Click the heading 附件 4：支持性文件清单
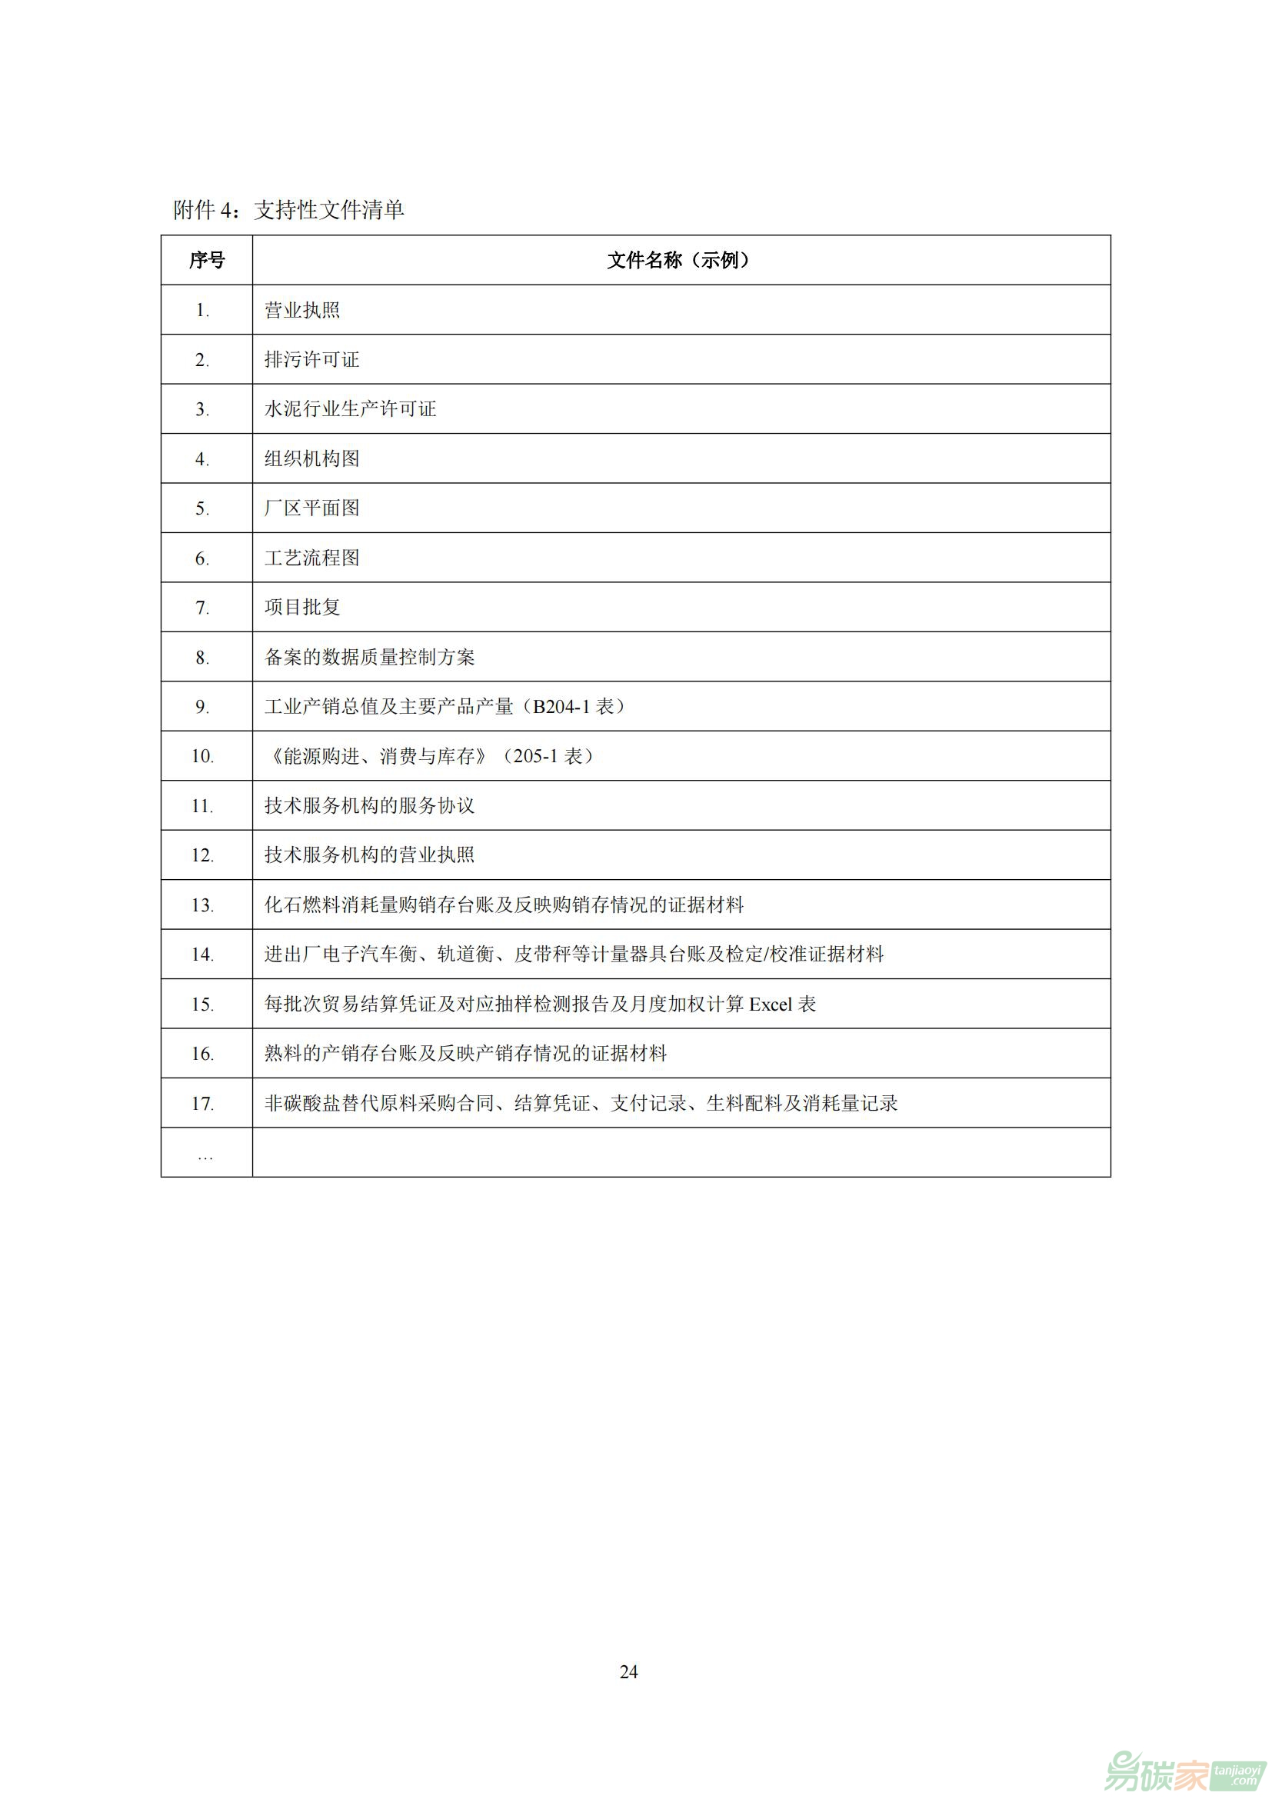point(288,209)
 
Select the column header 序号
point(207,260)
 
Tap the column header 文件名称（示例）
point(681,260)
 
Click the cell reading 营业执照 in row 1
point(302,310)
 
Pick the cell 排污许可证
point(311,360)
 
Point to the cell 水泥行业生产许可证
point(350,409)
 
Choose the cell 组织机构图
point(311,458)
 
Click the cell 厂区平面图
point(311,508)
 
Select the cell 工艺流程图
point(311,558)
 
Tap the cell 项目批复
point(302,608)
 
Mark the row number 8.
point(202,658)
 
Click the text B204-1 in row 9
point(561,707)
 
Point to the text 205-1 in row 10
point(535,756)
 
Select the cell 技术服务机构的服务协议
point(370,805)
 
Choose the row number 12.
point(202,855)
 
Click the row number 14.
point(202,954)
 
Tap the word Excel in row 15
point(771,1004)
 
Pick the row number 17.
point(202,1104)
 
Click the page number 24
point(629,1672)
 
